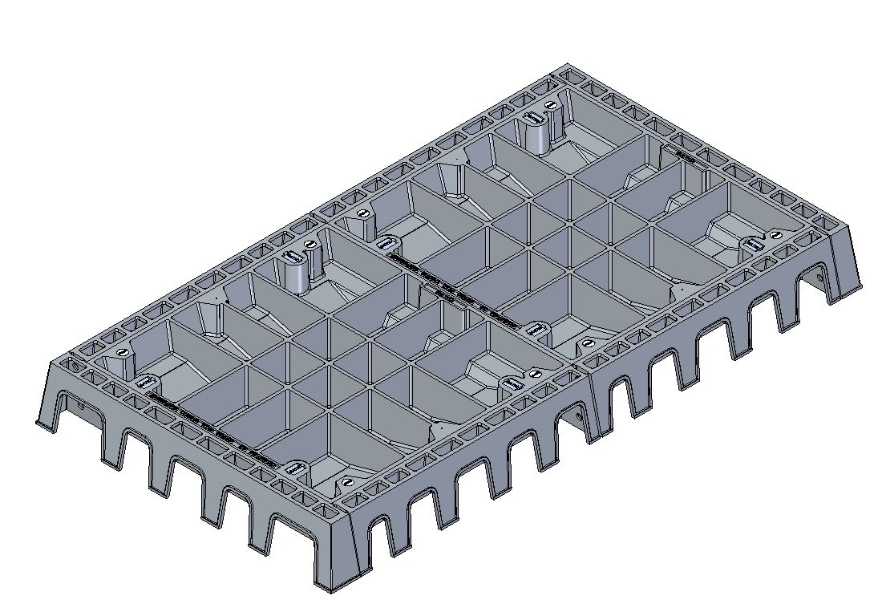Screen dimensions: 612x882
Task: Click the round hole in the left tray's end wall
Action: click(84, 406)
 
